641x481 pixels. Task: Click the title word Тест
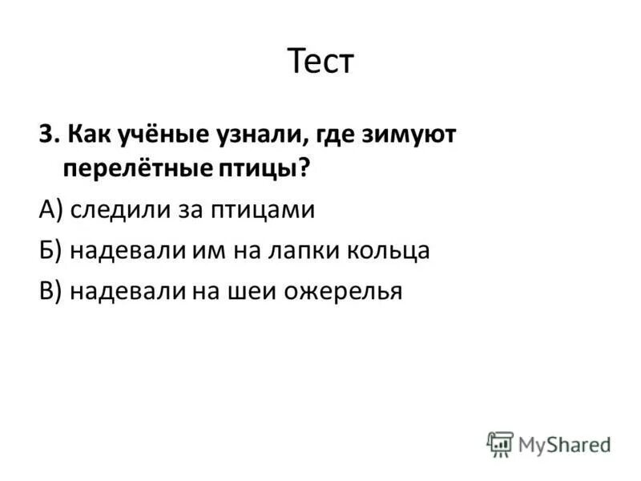(x=320, y=62)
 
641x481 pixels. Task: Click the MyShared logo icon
(x=500, y=443)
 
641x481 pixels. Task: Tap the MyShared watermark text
(x=564, y=443)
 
